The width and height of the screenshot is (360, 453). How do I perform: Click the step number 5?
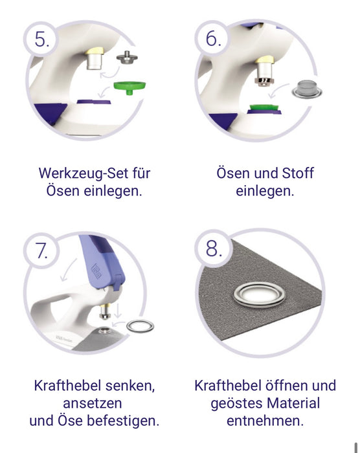click(42, 39)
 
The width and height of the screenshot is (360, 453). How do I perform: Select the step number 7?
click(41, 250)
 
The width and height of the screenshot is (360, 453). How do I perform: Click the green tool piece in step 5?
click(129, 87)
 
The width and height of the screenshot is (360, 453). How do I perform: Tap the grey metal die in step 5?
click(127, 58)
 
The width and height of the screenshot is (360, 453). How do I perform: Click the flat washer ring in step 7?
click(141, 326)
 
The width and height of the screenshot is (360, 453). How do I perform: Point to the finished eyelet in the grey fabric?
click(259, 294)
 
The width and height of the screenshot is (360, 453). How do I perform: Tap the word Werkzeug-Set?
click(84, 173)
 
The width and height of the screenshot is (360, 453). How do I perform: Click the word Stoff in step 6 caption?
click(298, 173)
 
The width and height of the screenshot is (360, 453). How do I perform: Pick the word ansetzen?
click(93, 403)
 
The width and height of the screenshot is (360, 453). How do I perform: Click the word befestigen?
click(124, 421)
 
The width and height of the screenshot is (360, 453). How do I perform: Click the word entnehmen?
click(265, 421)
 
